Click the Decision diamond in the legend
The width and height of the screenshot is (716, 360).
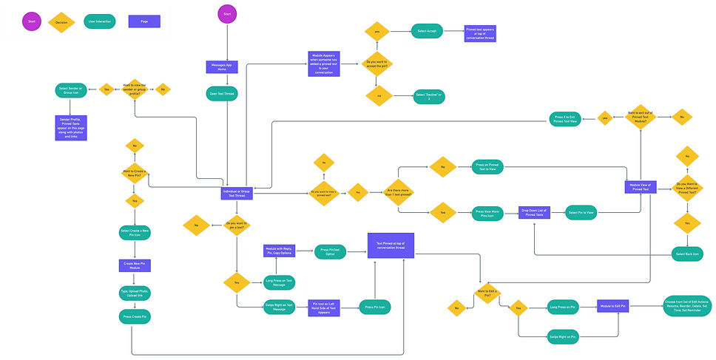pyautogui.click(x=62, y=22)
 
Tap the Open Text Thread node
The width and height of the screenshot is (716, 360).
pyautogui.click(x=221, y=94)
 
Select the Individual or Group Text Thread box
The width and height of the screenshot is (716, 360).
pyautogui.click(x=237, y=194)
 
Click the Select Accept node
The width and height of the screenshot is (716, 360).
pyautogui.click(x=427, y=32)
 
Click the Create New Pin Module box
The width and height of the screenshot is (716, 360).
pyautogui.click(x=134, y=264)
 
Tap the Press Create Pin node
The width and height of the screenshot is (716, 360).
pyautogui.click(x=134, y=316)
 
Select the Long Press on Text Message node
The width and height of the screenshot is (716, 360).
pyautogui.click(x=279, y=281)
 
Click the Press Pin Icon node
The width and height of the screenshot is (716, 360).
pyautogui.click(x=376, y=305)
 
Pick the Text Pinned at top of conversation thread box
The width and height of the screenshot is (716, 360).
pyautogui.click(x=391, y=246)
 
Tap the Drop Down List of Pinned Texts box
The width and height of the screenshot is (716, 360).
pyautogui.click(x=536, y=213)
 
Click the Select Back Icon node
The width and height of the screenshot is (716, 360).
pyautogui.click(x=689, y=254)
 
